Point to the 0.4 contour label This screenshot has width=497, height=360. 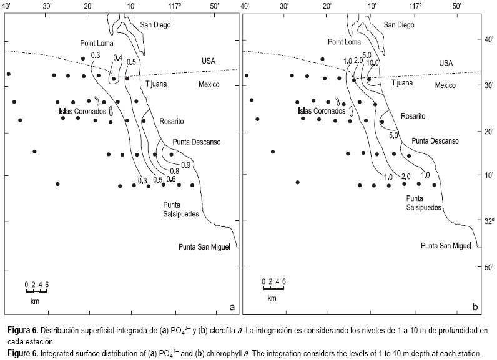117,58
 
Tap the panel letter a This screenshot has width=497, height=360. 232,306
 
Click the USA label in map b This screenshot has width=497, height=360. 445,63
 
